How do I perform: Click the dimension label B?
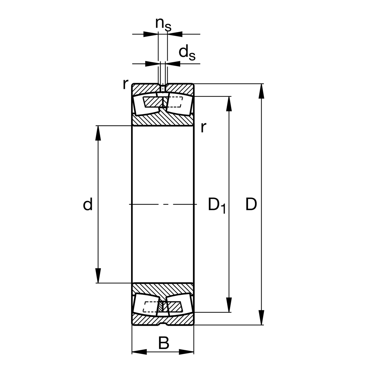[x=164, y=344]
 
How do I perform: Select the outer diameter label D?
[x=251, y=205]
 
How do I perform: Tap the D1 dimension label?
[x=217, y=205]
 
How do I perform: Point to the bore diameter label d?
[x=88, y=205]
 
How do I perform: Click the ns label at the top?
[x=163, y=24]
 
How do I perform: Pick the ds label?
[x=187, y=52]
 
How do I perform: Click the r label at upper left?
[x=126, y=84]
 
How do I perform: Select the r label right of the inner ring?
[x=204, y=128]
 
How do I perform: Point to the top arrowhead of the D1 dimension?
[x=229, y=103]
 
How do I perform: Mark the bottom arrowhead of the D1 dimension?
[x=229, y=305]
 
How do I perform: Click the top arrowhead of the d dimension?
[x=98, y=133]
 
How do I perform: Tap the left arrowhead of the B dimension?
[x=139, y=352]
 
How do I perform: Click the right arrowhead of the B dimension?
[x=186, y=352]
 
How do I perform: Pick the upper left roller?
[x=145, y=104]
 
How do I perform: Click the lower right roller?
[x=179, y=305]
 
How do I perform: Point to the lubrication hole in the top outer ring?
[x=163, y=87]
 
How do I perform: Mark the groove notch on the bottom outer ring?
[x=163, y=324]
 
